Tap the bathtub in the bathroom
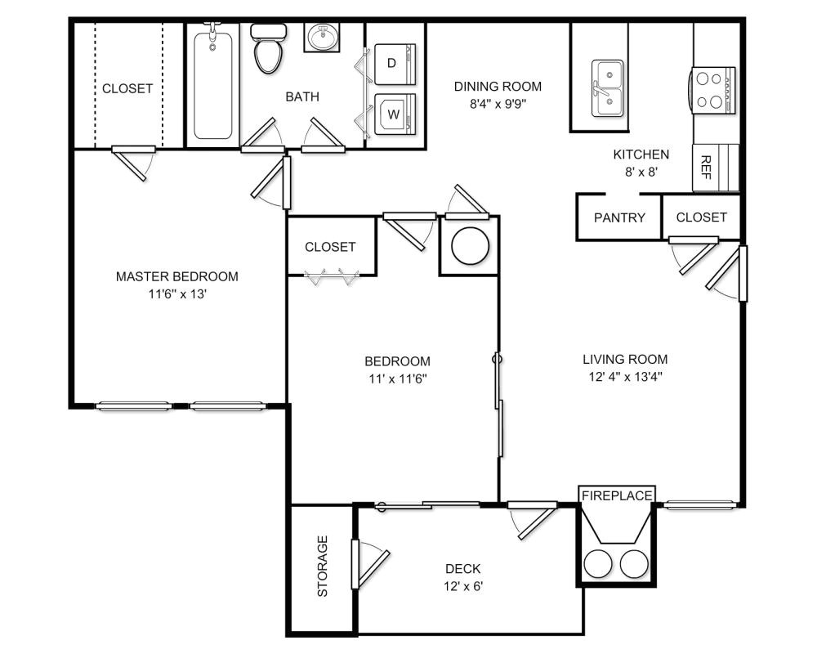[213, 82]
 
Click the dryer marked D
[394, 64]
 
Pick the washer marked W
[394, 114]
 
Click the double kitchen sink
[606, 88]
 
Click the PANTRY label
[619, 217]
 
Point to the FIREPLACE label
[617, 495]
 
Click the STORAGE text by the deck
[322, 567]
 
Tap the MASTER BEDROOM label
[177, 276]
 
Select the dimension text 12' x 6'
[462, 586]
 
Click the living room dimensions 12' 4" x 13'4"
[625, 377]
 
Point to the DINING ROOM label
[498, 87]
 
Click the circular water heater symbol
[470, 245]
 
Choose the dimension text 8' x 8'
[641, 172]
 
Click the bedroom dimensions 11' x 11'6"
[397, 379]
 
